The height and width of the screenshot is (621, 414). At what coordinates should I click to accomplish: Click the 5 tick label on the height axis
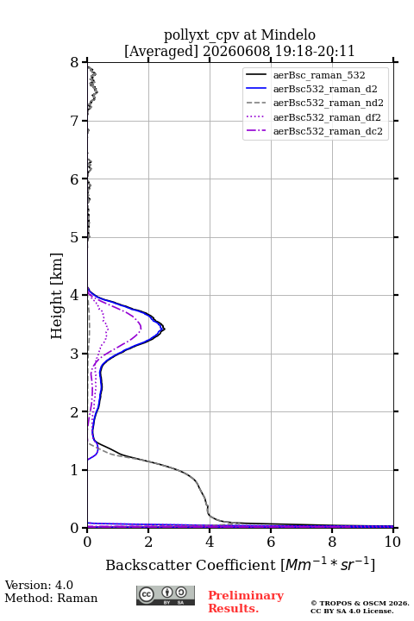(75, 237)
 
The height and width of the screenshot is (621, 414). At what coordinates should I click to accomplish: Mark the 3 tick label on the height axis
(75, 354)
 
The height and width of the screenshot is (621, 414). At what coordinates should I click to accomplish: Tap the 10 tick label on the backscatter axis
(392, 542)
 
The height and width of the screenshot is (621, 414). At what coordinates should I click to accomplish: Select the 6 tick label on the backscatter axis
(271, 542)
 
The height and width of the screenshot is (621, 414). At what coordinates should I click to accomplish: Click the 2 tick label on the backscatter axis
(148, 542)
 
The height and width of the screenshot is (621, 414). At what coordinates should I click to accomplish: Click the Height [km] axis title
(57, 296)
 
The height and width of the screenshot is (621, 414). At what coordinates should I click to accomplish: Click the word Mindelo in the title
(288, 34)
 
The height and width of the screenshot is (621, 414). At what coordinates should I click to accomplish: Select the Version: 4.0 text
(39, 585)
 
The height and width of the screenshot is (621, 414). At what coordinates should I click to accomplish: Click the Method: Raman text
(51, 598)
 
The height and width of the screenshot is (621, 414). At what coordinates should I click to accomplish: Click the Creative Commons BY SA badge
(166, 595)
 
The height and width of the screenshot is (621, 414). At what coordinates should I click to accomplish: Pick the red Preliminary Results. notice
(246, 602)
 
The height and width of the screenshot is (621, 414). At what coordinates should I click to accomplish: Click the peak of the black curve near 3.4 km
(165, 329)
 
